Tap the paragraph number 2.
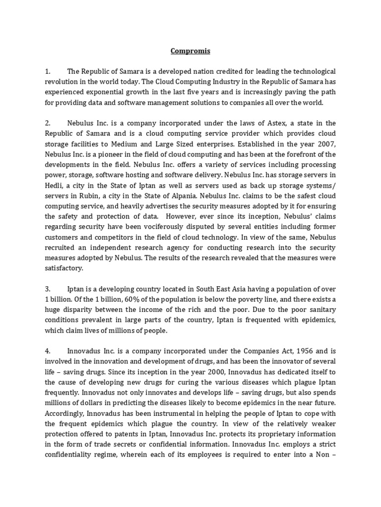click(47, 123)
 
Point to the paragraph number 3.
click(47, 289)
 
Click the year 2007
click(325, 144)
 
